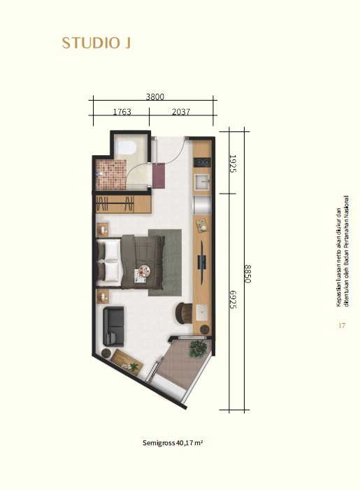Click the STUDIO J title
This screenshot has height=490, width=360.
pos(96,43)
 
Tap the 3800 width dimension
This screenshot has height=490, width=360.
pos(155,96)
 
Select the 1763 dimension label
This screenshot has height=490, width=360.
pos(122,112)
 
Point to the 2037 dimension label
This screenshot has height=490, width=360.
pos(181,112)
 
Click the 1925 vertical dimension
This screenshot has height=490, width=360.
pos(233,164)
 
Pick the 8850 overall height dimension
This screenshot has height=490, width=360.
pos(247,274)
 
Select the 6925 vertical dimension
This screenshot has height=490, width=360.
pos(233,300)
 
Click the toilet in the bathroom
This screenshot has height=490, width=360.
pos(125,147)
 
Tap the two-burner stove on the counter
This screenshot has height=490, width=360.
pos(202,162)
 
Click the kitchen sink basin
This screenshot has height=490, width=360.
pos(202,182)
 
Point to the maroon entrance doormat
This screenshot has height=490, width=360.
pos(159,175)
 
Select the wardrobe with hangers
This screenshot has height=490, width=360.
pos(124,204)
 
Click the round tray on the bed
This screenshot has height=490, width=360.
pos(145,270)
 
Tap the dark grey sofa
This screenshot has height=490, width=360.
pos(113,326)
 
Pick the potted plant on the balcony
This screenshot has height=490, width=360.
pos(198,349)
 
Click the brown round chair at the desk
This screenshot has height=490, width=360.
pos(183,313)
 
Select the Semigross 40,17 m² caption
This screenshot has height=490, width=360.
pos(173,442)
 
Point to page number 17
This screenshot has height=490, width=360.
pos(342,325)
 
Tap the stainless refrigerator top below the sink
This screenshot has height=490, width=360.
pos(202,204)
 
